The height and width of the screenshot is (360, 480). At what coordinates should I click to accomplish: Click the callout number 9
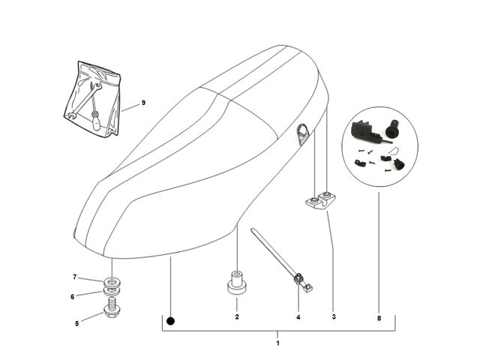point(143,103)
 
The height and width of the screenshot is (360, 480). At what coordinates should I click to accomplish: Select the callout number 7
point(75,277)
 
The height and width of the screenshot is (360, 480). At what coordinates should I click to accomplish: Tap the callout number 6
point(73,297)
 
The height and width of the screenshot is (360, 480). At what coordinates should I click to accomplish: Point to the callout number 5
point(76,323)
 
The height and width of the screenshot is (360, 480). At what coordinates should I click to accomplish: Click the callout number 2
point(237,316)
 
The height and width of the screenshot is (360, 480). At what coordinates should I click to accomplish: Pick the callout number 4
point(298,317)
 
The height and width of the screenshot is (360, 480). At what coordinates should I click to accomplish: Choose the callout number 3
point(334,316)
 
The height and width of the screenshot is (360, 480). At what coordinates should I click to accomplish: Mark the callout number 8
point(379,318)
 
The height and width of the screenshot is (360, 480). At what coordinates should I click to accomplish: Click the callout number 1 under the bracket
point(277,343)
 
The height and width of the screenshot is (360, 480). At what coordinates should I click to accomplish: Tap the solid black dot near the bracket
point(170,321)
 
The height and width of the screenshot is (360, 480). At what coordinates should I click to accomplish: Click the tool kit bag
point(92,98)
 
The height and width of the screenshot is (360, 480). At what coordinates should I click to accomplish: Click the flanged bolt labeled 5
point(112,308)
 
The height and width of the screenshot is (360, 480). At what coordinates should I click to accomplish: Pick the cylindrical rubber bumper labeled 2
point(237,283)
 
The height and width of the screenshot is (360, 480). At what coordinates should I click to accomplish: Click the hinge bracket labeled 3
point(321,201)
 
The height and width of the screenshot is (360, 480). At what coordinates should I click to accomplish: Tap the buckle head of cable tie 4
point(298,279)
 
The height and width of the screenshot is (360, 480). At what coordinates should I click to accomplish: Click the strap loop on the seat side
point(302,133)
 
